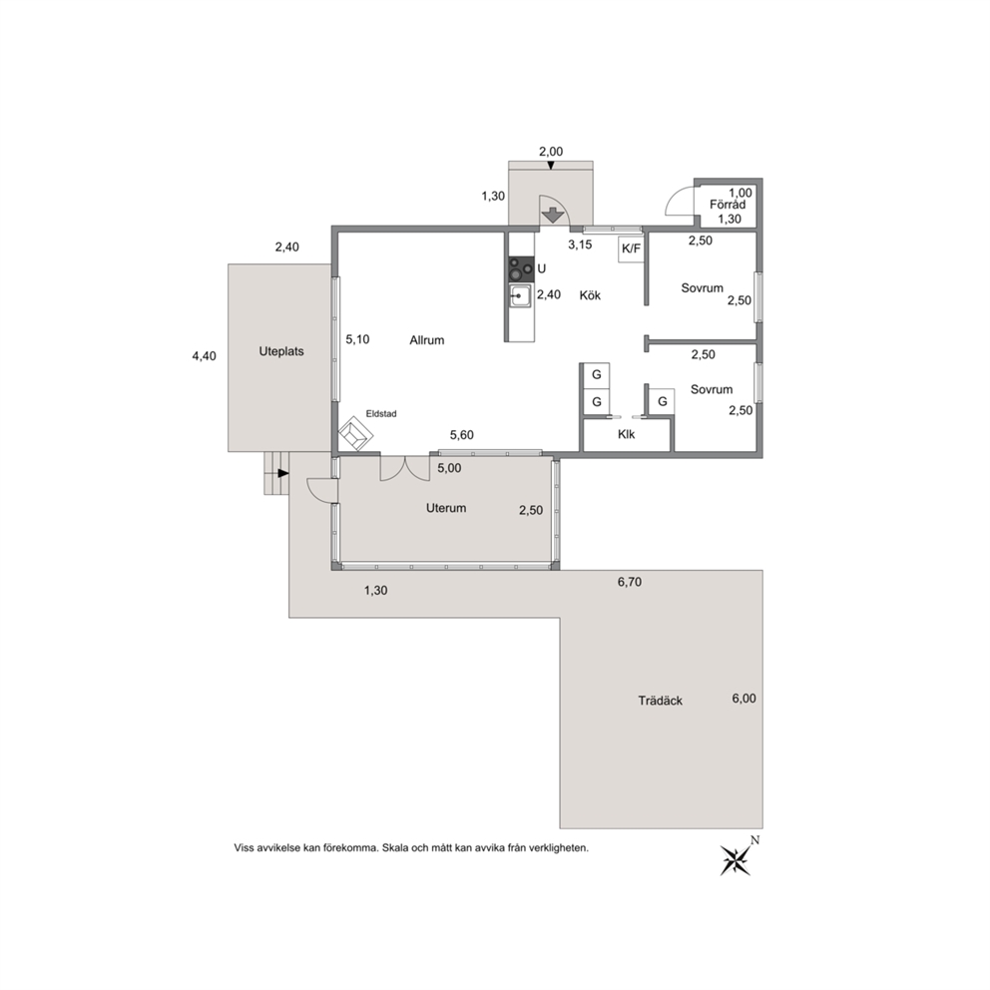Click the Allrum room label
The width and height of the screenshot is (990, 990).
(427, 340)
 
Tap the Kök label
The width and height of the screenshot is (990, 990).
(590, 294)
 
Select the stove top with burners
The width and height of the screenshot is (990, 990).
(522, 269)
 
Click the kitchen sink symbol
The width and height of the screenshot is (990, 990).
(521, 295)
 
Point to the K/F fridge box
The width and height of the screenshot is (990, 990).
(631, 248)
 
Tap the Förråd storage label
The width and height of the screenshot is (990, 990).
(728, 205)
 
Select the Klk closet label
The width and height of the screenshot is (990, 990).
(627, 434)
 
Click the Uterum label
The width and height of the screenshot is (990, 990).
(446, 508)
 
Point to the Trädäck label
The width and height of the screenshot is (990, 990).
(660, 701)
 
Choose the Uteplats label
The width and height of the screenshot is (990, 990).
(281, 351)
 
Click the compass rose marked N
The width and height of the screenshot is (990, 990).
(737, 859)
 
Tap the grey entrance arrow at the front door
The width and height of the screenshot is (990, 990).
(553, 216)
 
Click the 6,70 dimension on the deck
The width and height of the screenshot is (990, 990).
(630, 582)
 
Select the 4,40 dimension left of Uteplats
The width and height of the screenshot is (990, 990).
(204, 356)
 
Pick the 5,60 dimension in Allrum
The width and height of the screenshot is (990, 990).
(461, 434)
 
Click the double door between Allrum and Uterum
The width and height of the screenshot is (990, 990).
(405, 468)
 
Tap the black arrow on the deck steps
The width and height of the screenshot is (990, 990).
(283, 473)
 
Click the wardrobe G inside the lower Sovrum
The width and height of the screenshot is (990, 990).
(663, 401)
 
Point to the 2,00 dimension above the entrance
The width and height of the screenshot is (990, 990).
(551, 152)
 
